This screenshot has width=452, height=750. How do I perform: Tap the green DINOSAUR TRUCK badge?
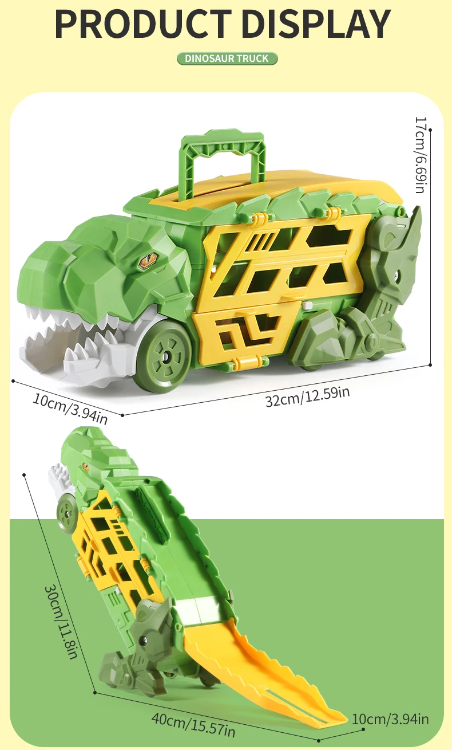[227, 58]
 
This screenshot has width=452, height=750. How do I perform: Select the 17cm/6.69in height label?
[420, 155]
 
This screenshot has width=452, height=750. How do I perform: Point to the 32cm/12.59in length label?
[308, 396]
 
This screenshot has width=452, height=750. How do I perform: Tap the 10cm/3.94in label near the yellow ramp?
[390, 719]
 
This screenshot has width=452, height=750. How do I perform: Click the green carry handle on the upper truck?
[223, 160]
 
